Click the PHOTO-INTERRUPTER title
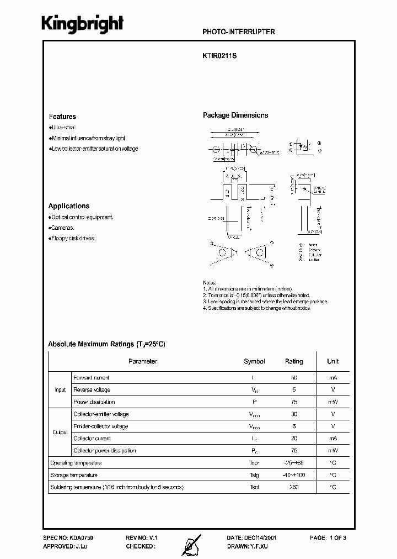[x=239, y=32]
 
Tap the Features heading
[x=62, y=117]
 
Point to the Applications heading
[x=69, y=206]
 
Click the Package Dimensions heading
[x=235, y=115]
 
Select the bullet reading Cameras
[x=62, y=228]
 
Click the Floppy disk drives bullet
[x=73, y=238]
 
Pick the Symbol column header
[x=254, y=361]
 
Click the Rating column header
[x=293, y=361]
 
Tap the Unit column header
[x=332, y=361]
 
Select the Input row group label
[x=60, y=390]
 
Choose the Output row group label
[x=60, y=433]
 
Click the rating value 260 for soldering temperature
[x=293, y=487]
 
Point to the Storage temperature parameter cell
[x=74, y=475]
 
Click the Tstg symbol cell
[x=254, y=475]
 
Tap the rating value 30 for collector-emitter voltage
[x=293, y=414]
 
